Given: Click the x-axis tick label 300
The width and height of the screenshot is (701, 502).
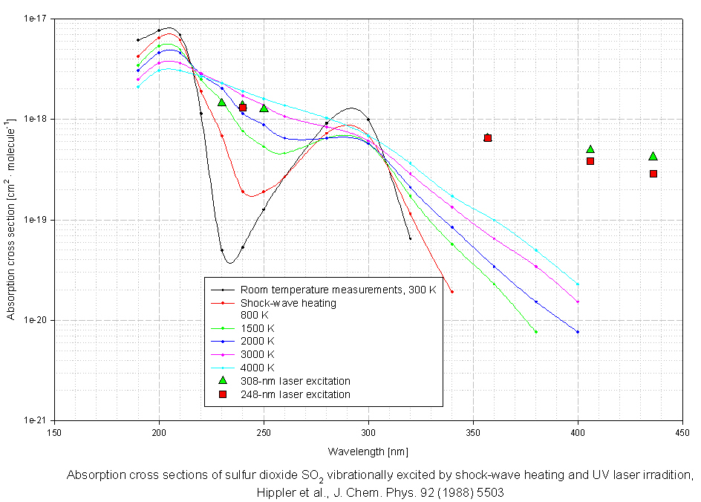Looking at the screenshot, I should [368, 431].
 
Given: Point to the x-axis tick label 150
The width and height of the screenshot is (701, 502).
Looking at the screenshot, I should [53, 431].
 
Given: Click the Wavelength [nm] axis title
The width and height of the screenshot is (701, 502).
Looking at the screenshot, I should [368, 452].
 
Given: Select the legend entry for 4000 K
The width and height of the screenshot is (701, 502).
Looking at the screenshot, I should [257, 368].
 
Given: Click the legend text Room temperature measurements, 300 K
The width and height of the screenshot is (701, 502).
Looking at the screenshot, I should [338, 290].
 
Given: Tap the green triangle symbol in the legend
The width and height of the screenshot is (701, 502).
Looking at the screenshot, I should [222, 380].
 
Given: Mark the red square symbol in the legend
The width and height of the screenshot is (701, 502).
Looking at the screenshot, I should [222, 394].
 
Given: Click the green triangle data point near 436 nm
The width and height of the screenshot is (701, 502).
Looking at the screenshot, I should [653, 156].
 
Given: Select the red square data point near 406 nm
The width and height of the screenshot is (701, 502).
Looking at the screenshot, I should [590, 161].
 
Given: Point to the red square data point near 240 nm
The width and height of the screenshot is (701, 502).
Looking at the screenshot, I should [243, 108].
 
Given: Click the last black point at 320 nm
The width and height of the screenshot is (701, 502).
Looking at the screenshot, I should [410, 238].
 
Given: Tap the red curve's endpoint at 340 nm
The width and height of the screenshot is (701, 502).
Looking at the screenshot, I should [451, 292].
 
